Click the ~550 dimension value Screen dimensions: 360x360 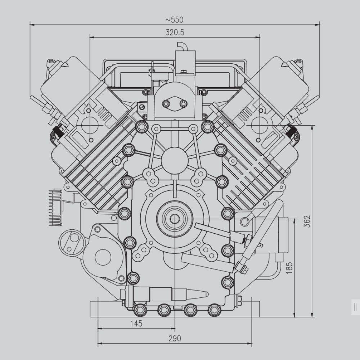point(174,20)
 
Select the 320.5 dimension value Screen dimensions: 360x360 point(175,32)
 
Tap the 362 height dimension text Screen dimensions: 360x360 point(307,221)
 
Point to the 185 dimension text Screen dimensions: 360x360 point(289,267)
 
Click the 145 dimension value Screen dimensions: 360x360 point(136,324)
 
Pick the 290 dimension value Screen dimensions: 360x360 point(175,338)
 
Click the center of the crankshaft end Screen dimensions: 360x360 point(175,219)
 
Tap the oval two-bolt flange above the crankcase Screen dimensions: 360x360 point(175,104)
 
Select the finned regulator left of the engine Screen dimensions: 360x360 point(55,207)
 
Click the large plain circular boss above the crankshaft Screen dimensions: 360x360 point(175,160)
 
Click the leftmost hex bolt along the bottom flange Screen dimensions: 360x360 point(140,310)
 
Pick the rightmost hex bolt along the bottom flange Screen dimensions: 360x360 point(214,310)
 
